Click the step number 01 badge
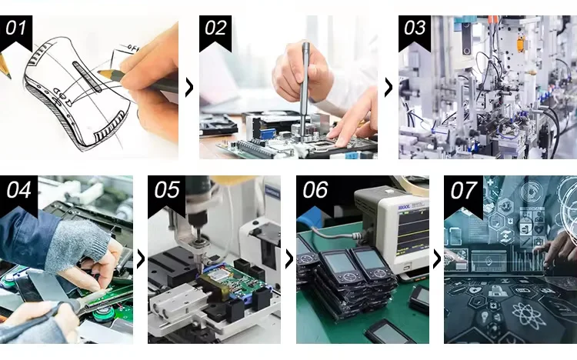click(x=16, y=32)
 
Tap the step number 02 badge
click(x=215, y=32)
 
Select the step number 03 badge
click(x=415, y=32)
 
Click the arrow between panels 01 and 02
click(x=189, y=87)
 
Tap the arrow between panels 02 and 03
click(x=389, y=87)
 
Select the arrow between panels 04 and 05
click(x=141, y=259)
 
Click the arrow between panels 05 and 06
click(x=289, y=259)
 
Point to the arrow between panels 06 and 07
click(x=437, y=259)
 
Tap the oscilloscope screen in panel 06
click(x=412, y=232)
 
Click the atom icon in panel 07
click(x=528, y=315)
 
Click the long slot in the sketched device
click(x=87, y=76)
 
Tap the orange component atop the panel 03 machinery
click(x=520, y=43)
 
